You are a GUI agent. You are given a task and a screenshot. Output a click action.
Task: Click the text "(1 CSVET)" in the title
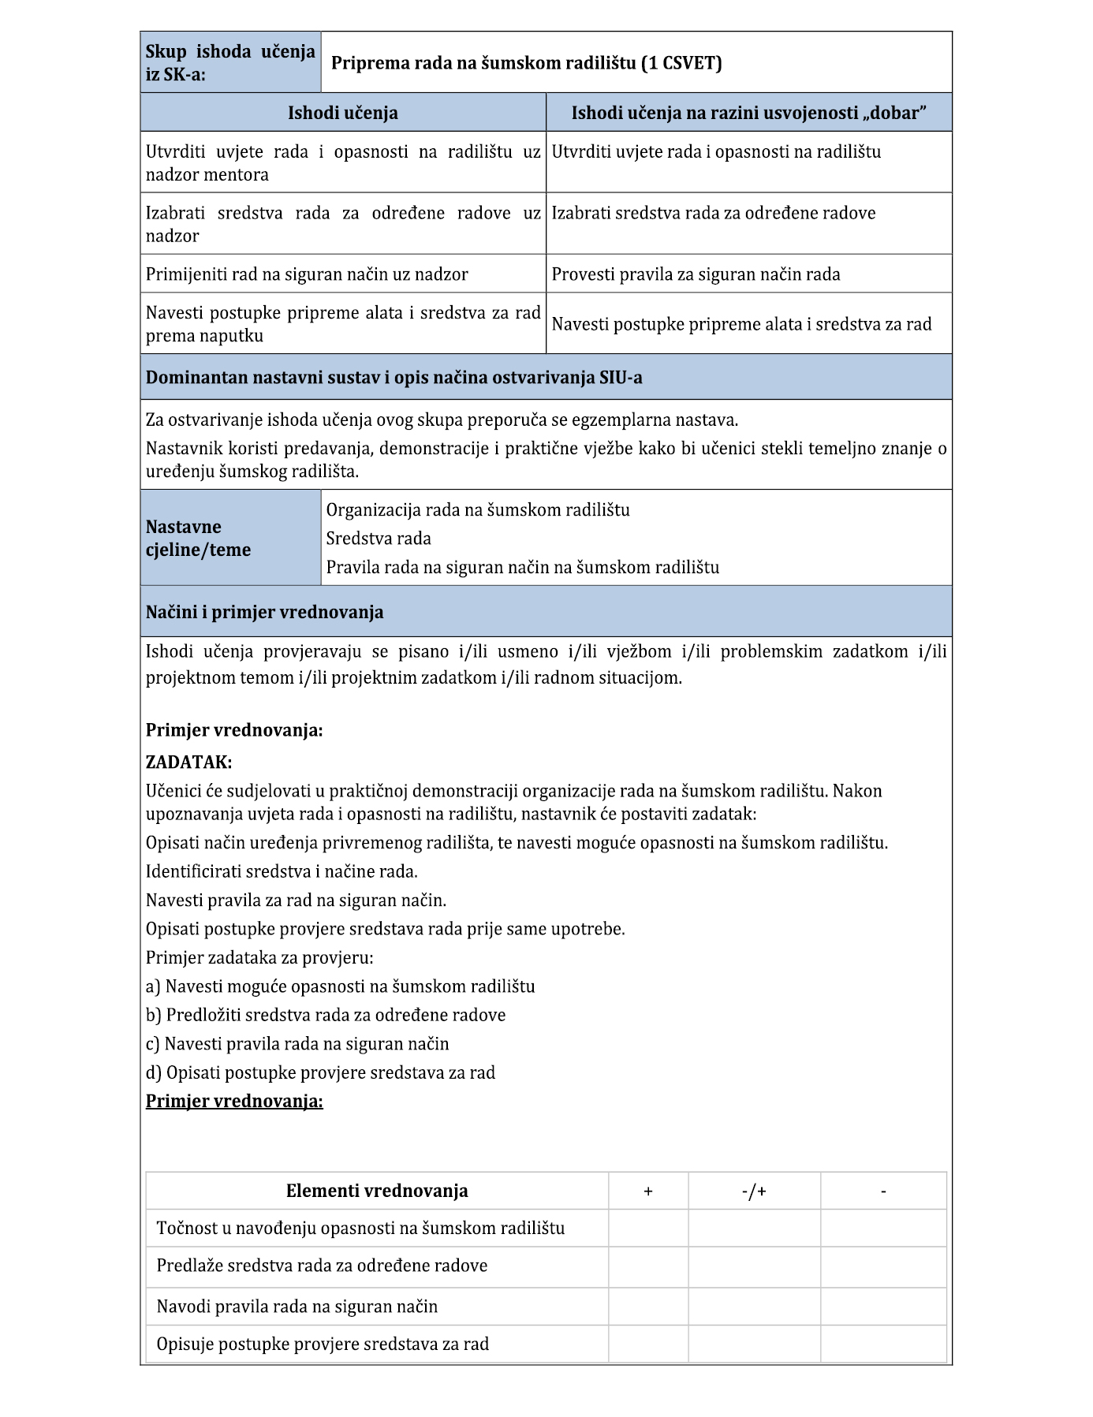tap(681, 63)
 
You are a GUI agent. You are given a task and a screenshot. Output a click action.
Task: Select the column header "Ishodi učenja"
tap(342, 113)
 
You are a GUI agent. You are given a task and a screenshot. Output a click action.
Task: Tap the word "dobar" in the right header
tap(895, 113)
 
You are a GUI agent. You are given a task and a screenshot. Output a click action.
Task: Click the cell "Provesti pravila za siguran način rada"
tap(696, 274)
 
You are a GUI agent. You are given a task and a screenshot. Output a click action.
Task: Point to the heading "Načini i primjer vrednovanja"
tap(264, 612)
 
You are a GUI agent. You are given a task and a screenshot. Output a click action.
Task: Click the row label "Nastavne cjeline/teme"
tap(198, 538)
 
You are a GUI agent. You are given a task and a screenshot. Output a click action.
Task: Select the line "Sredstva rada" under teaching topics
tap(379, 539)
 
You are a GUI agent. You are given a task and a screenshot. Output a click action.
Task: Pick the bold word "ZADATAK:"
tap(188, 762)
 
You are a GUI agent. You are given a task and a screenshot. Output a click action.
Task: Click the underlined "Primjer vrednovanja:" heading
tap(234, 1101)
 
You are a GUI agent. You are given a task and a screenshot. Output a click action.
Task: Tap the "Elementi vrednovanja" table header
tap(377, 1191)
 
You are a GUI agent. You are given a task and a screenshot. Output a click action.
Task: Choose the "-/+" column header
tap(754, 1191)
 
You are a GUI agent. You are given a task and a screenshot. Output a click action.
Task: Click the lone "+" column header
tap(648, 1191)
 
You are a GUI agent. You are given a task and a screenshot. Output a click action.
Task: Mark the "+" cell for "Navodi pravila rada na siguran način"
tap(648, 1307)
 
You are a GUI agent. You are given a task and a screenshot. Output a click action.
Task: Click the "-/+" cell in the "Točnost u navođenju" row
tap(754, 1228)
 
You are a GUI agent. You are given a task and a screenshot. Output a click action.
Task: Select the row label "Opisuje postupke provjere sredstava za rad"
tap(323, 1344)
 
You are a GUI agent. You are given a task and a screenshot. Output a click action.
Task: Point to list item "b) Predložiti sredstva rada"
tap(326, 1015)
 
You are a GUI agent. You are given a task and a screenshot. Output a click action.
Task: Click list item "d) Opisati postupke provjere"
tap(320, 1072)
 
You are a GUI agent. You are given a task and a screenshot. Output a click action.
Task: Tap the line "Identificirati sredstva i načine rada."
tap(282, 871)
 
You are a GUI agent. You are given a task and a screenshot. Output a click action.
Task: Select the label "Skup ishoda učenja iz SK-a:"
tap(229, 63)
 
